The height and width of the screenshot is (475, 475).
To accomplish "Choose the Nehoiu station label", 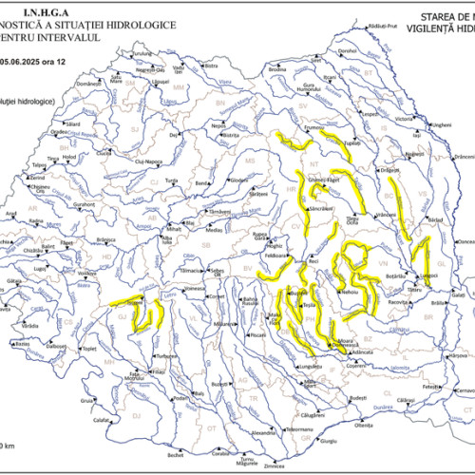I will (x=348, y=292).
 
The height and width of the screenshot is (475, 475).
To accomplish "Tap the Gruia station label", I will (x=85, y=400).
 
